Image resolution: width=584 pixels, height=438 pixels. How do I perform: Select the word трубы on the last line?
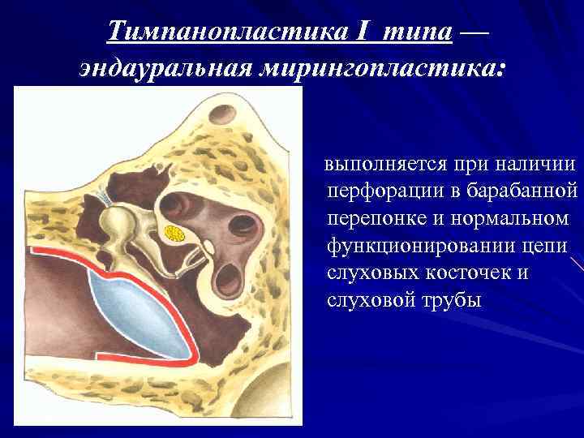(x=449, y=300)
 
